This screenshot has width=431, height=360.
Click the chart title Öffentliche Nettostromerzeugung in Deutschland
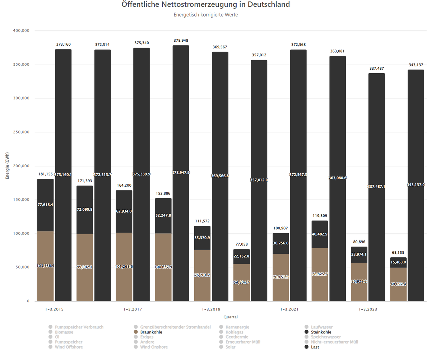click(205, 5)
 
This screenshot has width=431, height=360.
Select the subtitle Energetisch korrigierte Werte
click(205, 15)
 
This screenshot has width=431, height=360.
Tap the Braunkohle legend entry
click(151, 332)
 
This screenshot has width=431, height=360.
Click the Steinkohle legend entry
click(321, 332)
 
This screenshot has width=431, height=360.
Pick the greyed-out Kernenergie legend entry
click(237, 327)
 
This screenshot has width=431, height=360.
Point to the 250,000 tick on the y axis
click(21, 132)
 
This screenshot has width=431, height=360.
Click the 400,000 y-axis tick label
click(21, 31)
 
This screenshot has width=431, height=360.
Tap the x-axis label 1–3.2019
click(211, 309)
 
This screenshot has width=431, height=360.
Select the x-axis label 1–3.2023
click(368, 309)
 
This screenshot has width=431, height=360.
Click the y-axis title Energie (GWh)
click(8, 166)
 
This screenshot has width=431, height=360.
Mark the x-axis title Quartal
click(230, 317)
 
